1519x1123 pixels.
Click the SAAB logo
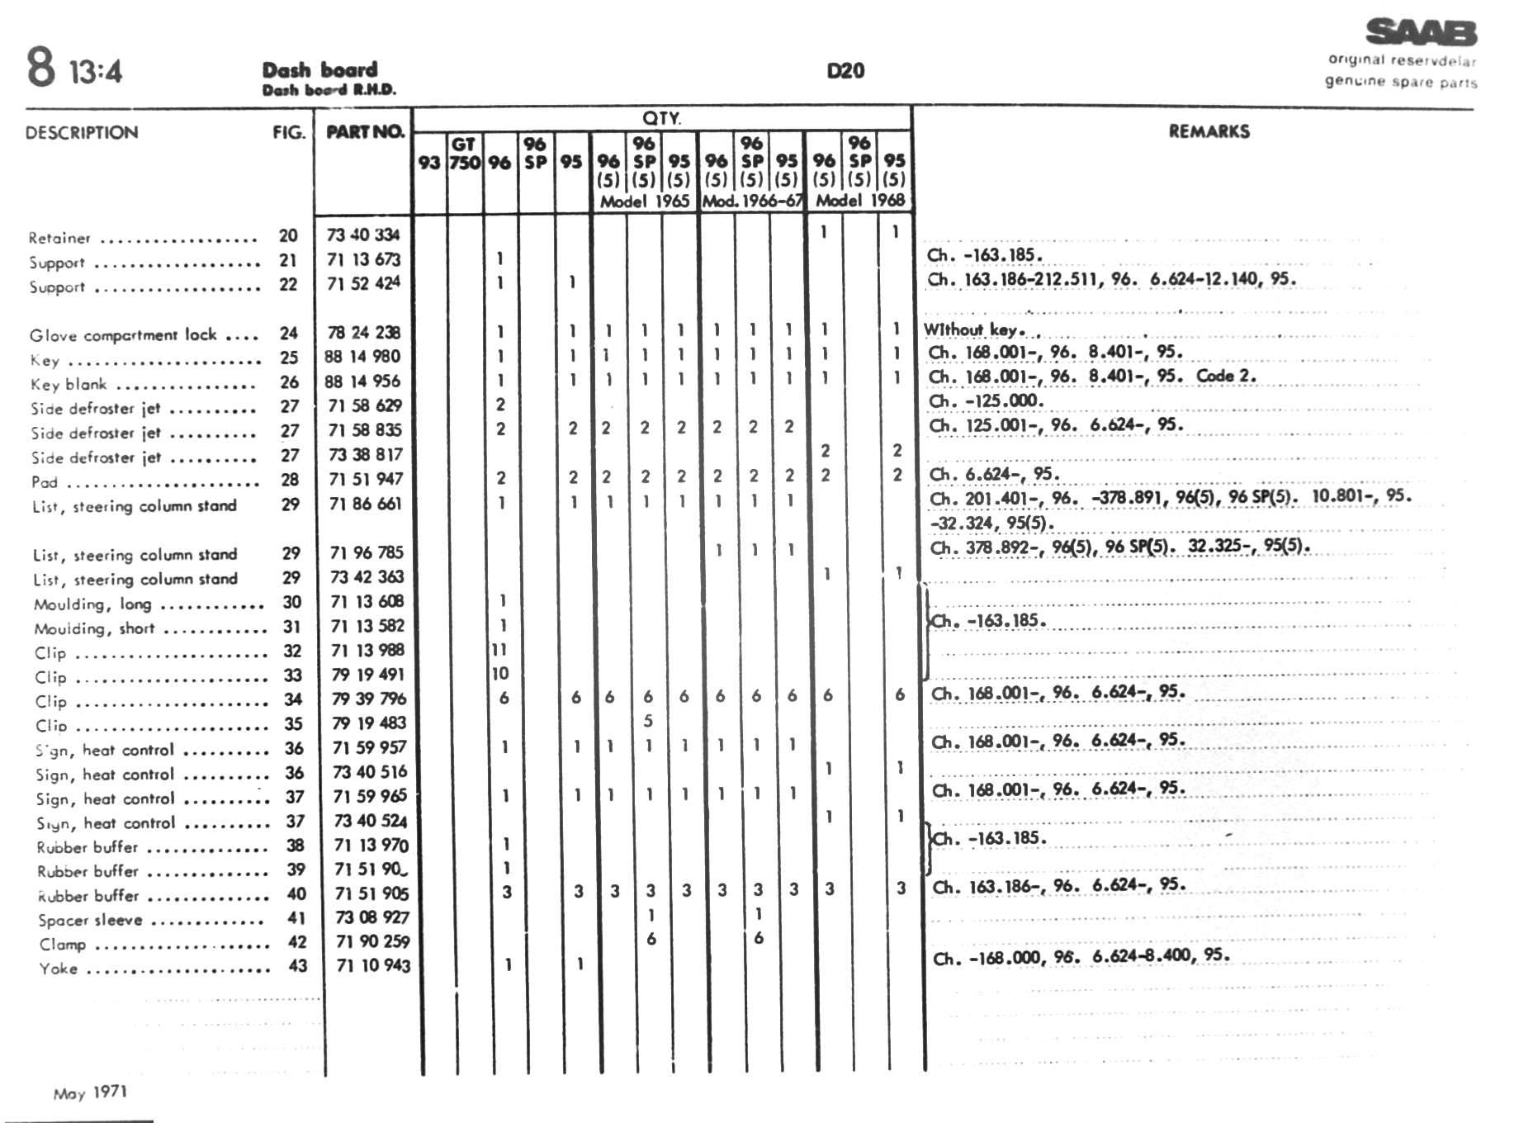click(x=1421, y=32)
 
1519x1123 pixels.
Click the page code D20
click(x=845, y=71)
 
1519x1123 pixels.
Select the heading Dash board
click(x=320, y=70)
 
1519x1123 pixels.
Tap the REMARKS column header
click(x=1209, y=131)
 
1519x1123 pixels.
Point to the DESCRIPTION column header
click(x=82, y=133)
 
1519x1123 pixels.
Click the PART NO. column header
click(x=365, y=132)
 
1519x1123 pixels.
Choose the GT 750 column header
click(x=465, y=154)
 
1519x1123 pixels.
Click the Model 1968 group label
click(x=860, y=201)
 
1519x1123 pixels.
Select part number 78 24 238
click(x=364, y=333)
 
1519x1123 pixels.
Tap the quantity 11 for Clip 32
click(x=499, y=650)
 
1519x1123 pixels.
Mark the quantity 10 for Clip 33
click(x=500, y=674)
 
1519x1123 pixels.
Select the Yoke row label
click(x=59, y=969)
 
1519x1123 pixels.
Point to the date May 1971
click(x=90, y=1093)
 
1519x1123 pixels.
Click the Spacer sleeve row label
click(x=90, y=921)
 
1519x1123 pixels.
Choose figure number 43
click(x=297, y=965)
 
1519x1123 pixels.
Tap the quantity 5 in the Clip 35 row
click(x=648, y=721)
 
